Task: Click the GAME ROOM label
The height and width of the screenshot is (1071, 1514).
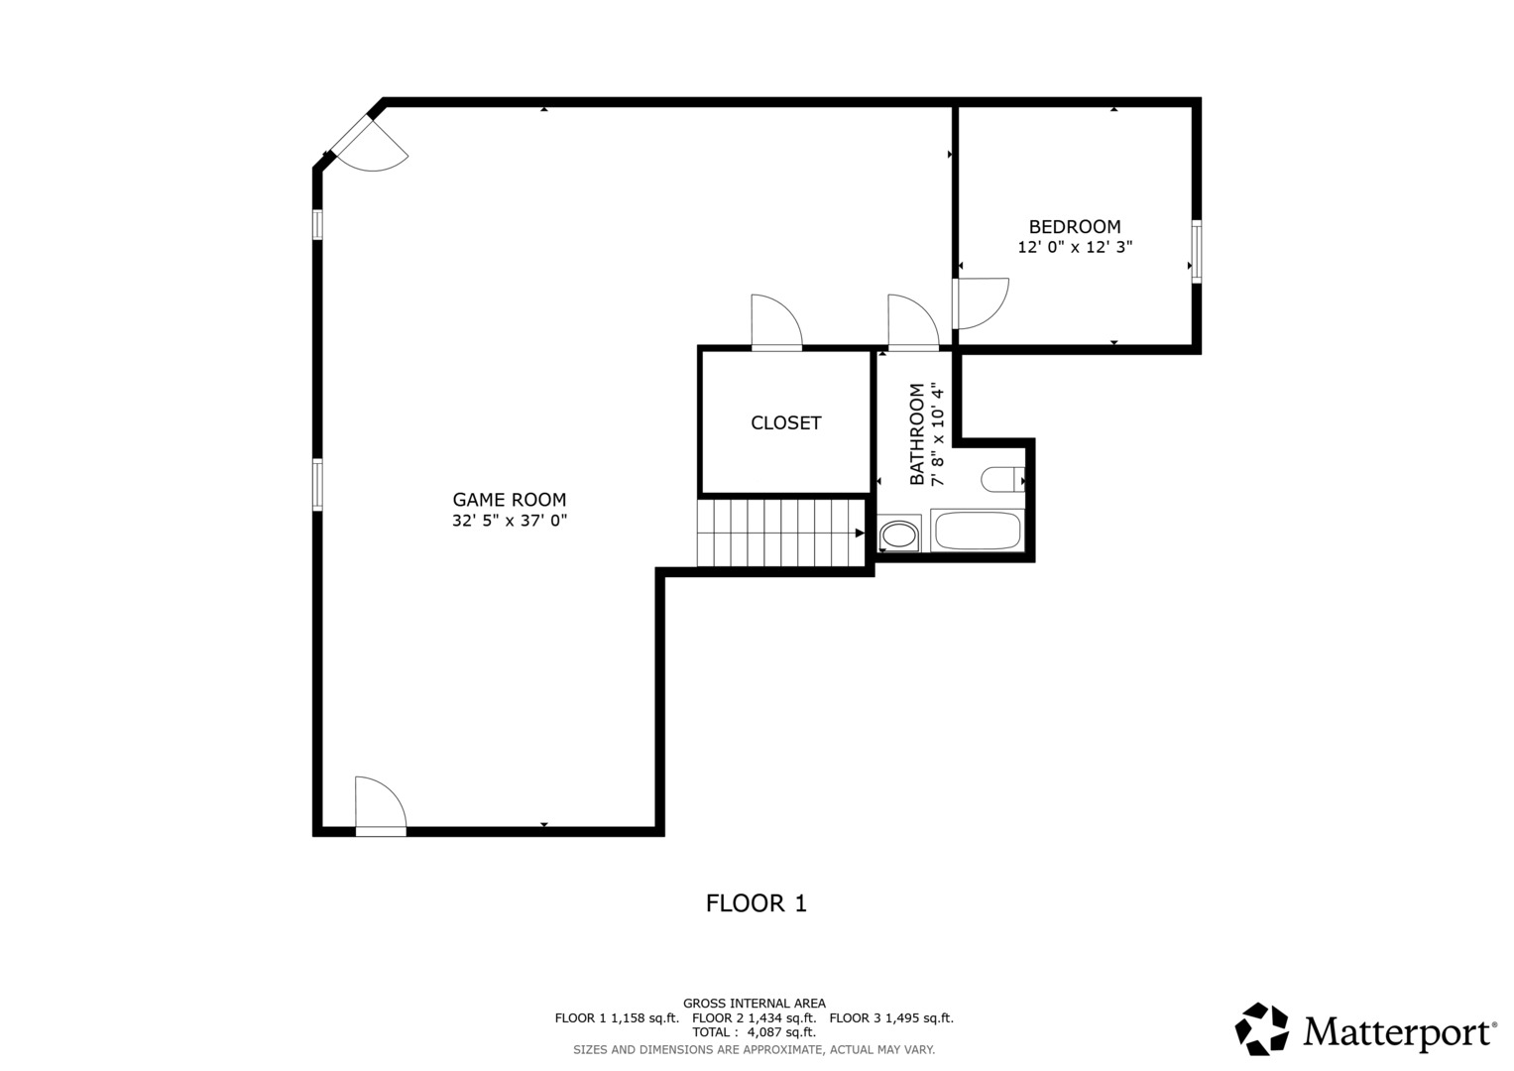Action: point(509,500)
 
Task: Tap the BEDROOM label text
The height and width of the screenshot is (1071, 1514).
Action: point(1075,226)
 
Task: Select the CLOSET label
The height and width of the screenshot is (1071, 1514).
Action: point(786,422)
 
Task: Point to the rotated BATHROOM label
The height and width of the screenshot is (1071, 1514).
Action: point(917,433)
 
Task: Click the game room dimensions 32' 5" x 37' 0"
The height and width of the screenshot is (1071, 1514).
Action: point(510,520)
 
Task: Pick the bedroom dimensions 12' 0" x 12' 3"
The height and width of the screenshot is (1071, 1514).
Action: point(1076,247)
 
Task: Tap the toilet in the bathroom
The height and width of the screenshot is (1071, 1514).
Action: point(1002,479)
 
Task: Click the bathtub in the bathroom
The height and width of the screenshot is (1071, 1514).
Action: point(978,531)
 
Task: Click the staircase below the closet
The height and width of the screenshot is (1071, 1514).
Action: point(781,533)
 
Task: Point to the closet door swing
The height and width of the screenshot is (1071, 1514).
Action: point(776,321)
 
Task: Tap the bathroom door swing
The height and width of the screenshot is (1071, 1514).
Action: point(913,321)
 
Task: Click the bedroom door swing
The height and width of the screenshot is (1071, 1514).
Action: point(981,302)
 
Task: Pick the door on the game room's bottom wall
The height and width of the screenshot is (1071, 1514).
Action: point(381,806)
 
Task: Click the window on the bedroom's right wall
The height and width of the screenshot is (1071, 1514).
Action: point(1197,252)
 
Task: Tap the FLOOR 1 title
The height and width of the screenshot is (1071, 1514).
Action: point(757,903)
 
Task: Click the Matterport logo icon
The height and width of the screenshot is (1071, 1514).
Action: point(1261,1029)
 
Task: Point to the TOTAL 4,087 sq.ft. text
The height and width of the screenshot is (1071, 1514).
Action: point(755,1032)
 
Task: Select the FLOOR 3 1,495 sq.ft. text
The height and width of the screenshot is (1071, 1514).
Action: point(891,1018)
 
